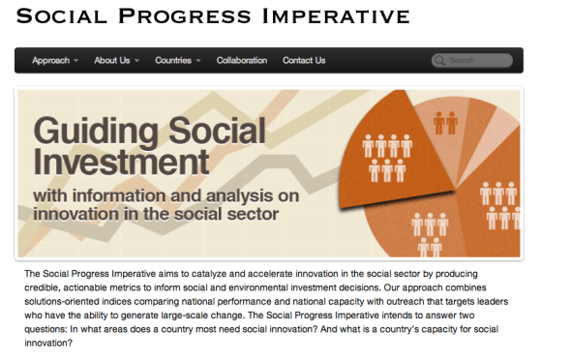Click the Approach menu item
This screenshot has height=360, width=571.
[x=50, y=61]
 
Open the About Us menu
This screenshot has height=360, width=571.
[x=111, y=61]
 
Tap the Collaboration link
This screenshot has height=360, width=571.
[x=241, y=61]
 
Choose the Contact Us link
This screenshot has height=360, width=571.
[x=304, y=61]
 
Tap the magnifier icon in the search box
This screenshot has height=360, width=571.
[x=441, y=61]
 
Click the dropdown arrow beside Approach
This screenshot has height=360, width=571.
[x=76, y=61]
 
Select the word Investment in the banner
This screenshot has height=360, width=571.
[x=121, y=160]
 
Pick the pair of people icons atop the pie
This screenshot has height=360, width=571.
[x=445, y=123]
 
